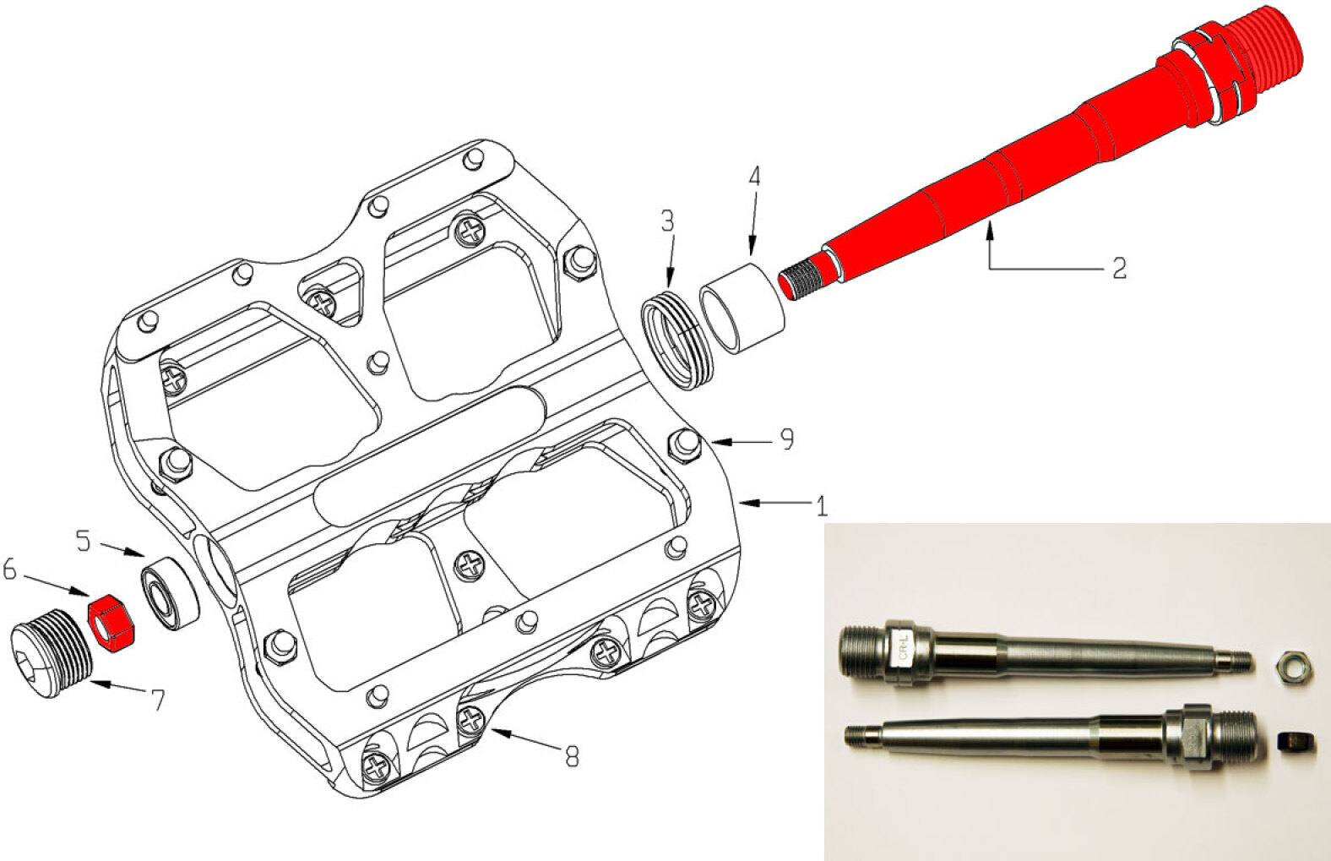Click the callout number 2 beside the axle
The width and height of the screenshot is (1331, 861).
1119,268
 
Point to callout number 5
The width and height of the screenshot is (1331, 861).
84,541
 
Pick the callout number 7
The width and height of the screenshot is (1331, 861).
157,700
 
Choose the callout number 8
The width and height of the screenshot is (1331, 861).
571,757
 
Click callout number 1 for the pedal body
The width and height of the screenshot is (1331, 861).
822,505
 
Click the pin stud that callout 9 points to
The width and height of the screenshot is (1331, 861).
686,444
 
